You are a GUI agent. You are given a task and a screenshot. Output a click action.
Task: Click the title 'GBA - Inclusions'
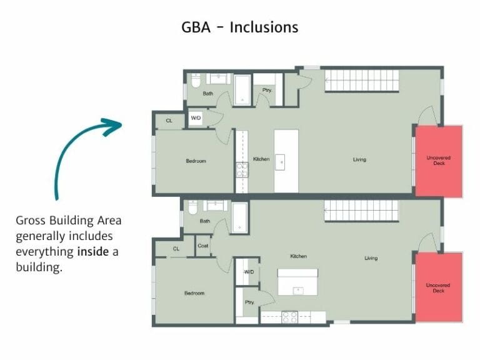point(239,27)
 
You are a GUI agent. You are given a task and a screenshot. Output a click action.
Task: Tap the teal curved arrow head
point(114,126)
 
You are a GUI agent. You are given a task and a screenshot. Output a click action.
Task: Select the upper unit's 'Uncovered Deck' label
point(438,160)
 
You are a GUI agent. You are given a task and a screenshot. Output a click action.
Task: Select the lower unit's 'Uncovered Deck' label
point(438,288)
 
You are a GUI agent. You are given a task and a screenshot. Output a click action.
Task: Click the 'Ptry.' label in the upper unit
point(267,90)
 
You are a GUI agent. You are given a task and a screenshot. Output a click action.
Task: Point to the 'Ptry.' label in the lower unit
point(249,302)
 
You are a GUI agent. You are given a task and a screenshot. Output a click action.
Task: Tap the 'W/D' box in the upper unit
point(196,117)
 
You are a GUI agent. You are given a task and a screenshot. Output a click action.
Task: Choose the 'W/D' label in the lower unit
point(249,272)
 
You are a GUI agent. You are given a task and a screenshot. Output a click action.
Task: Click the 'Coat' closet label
point(203,246)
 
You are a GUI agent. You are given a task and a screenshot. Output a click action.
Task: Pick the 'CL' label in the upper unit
point(169,121)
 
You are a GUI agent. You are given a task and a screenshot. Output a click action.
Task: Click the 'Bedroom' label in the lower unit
point(194,293)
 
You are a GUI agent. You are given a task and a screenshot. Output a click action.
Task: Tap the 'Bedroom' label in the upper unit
point(196,161)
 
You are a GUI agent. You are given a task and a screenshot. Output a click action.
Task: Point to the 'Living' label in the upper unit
point(359,159)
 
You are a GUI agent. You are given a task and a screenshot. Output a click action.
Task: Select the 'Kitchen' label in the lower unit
point(298,256)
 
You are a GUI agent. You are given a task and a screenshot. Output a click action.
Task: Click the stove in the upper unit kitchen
point(241,169)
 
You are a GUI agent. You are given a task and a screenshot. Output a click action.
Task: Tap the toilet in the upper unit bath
point(195,81)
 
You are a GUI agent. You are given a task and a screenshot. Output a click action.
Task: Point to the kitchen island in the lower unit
point(297,282)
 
